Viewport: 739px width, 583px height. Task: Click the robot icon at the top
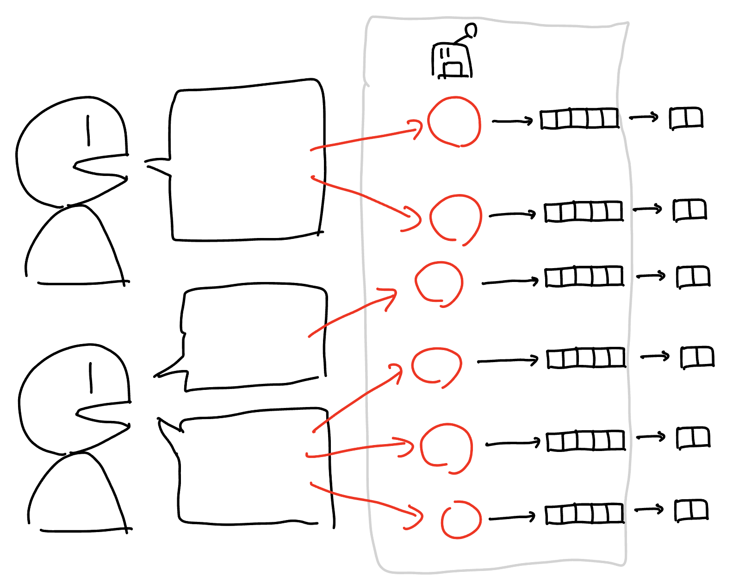(x=452, y=60)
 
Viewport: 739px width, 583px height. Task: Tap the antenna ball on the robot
(x=471, y=31)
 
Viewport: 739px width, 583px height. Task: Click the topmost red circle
(x=454, y=122)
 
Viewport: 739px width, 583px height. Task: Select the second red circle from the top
(x=456, y=218)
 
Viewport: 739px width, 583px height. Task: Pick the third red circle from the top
(x=439, y=282)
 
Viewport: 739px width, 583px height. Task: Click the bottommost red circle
(x=461, y=520)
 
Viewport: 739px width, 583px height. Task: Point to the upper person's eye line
(x=88, y=130)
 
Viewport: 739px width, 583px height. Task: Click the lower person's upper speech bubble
(x=255, y=336)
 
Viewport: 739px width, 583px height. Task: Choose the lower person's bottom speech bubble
(x=255, y=468)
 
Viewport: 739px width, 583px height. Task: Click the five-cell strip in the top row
(x=579, y=119)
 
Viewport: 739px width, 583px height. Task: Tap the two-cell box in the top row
(x=686, y=118)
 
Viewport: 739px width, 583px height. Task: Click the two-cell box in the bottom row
(x=691, y=510)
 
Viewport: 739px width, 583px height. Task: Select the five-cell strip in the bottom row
(x=584, y=514)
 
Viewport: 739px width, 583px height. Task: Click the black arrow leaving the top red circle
(x=512, y=121)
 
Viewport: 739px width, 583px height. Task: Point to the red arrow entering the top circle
(x=366, y=138)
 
